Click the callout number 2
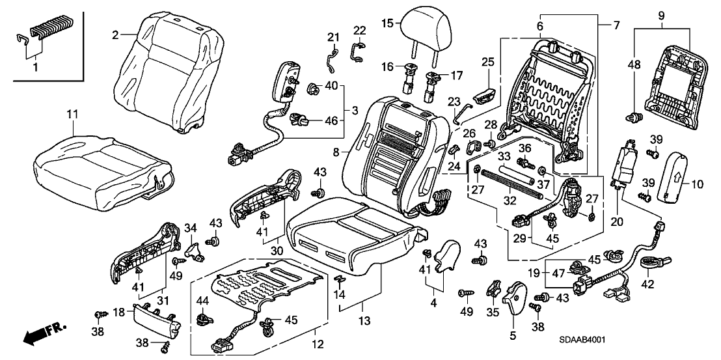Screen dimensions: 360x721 pyautogui.click(x=115, y=35)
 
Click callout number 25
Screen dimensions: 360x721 pyautogui.click(x=488, y=62)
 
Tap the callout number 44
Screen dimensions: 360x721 pyautogui.click(x=202, y=301)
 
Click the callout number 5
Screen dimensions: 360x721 pyautogui.click(x=511, y=337)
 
